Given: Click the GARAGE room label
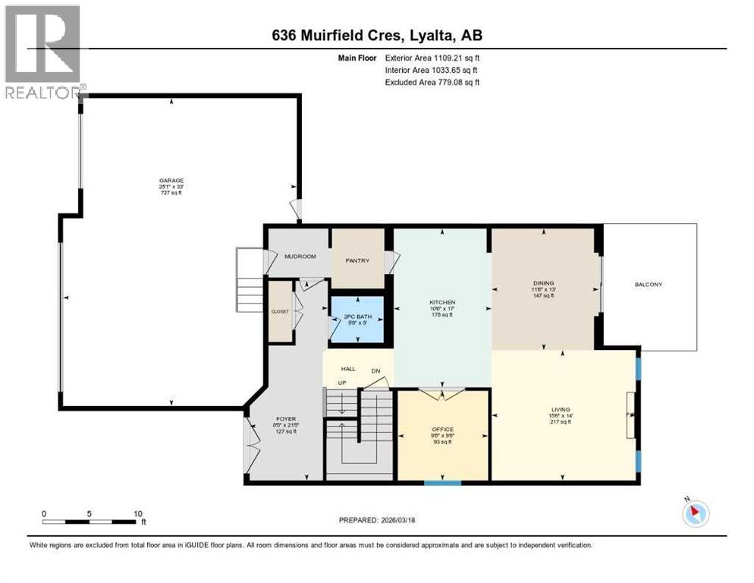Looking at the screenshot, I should click(x=171, y=181).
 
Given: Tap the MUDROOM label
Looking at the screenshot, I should click(x=300, y=257).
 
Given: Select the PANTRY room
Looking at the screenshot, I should click(x=357, y=260).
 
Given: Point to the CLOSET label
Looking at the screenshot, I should click(x=281, y=310).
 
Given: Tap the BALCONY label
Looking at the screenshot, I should click(x=649, y=285).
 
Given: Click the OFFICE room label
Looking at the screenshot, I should click(x=442, y=430).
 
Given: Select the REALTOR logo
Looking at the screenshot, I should click(x=43, y=52).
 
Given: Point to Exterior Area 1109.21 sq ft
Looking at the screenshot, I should click(x=432, y=58).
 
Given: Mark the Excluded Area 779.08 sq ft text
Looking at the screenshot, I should click(x=432, y=82).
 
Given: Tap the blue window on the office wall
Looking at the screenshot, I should click(x=442, y=482).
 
